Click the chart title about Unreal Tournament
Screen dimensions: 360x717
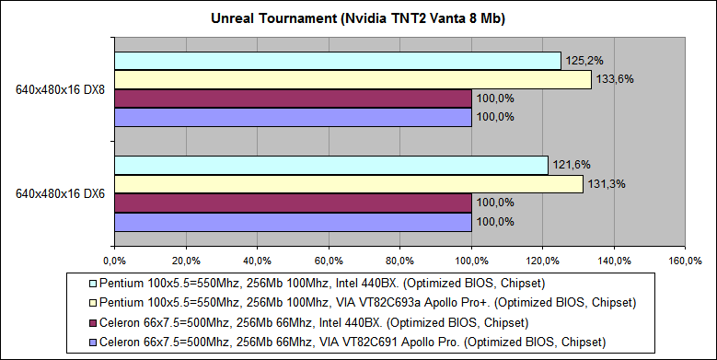tap(358, 18)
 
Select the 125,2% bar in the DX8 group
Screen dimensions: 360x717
tap(337, 61)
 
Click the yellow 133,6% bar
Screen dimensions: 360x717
tap(352, 80)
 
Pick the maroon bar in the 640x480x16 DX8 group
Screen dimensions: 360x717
tap(293, 99)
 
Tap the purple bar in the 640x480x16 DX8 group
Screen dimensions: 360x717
tap(293, 117)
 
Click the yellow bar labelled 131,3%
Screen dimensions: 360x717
tap(348, 184)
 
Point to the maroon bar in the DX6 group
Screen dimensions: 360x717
tap(293, 203)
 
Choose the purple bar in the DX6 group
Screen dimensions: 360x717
tap(293, 221)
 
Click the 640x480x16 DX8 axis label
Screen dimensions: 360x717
tap(58, 90)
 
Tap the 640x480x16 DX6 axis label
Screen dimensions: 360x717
tap(58, 194)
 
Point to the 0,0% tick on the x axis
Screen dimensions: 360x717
tap(114, 259)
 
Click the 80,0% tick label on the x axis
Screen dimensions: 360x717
tap(399, 259)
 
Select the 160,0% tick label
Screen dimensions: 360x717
tap(685, 259)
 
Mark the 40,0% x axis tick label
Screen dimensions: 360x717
tap(257, 259)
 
